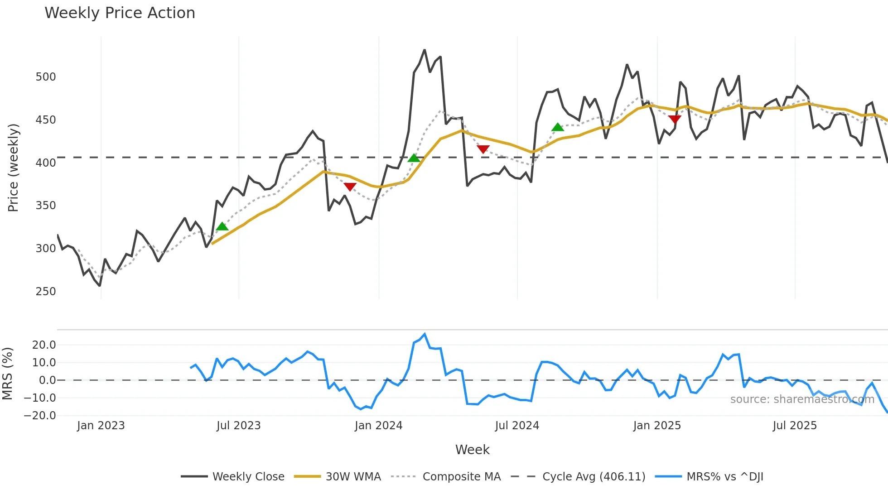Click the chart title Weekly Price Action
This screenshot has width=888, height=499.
(120, 13)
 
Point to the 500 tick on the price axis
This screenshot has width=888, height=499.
(46, 77)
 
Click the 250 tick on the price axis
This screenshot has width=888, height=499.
(46, 292)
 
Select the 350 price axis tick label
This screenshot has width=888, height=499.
(46, 206)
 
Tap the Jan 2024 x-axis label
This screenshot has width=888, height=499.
(378, 426)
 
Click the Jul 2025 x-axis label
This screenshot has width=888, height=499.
(794, 426)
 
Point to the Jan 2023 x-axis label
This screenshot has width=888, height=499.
(101, 426)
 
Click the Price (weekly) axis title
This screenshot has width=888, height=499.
(13, 168)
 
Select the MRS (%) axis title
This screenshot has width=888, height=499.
(7, 374)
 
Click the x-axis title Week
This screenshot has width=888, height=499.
(472, 450)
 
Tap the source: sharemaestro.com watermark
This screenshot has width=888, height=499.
(802, 399)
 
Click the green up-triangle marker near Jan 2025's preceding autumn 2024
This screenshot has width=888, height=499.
(558, 127)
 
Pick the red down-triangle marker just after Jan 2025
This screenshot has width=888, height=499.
(675, 119)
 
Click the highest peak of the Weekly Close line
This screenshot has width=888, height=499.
(425, 50)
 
